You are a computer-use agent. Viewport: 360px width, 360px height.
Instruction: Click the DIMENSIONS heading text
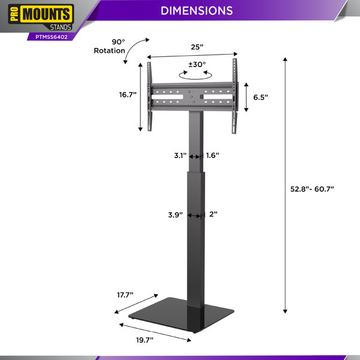coord(197,11)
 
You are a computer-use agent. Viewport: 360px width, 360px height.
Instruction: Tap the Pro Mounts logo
coord(41,17)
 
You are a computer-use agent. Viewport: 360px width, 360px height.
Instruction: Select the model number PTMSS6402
coord(52,37)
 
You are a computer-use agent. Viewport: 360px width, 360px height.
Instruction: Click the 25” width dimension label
coord(197,47)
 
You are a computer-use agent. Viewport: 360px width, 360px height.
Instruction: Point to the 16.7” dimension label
coord(128,95)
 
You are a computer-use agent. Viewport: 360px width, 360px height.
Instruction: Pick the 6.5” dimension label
coord(260,97)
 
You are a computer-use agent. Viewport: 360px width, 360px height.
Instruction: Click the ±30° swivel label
coord(197,65)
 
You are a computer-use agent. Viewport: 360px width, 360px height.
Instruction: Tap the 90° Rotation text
coord(110,46)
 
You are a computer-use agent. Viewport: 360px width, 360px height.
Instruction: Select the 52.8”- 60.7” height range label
coord(312,189)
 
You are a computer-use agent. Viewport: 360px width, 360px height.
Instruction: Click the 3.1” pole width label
coord(180,155)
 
